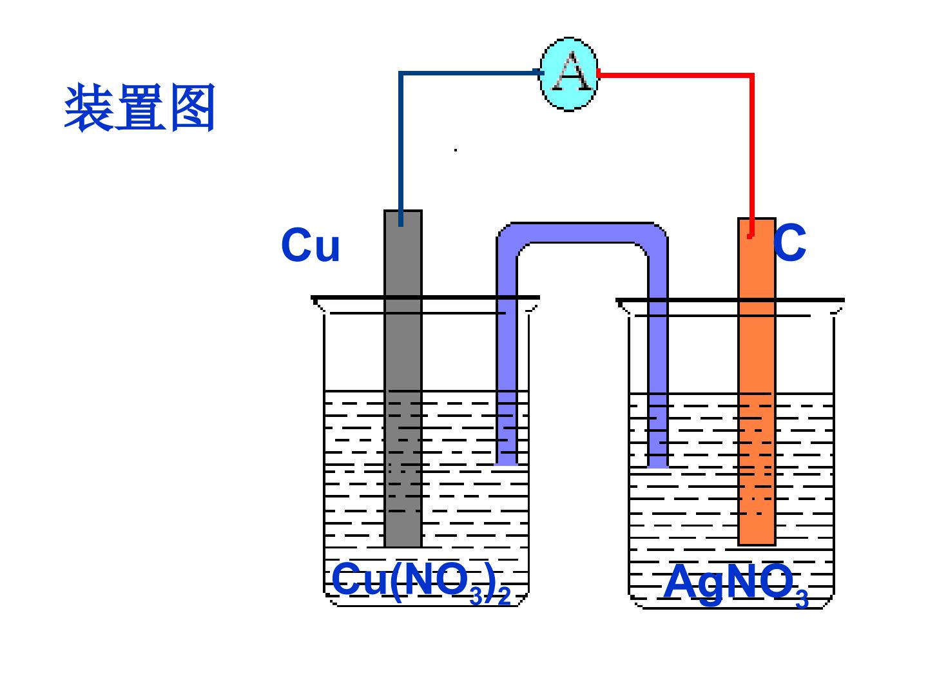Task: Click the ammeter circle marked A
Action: [x=569, y=74]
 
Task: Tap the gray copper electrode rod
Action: [x=403, y=378]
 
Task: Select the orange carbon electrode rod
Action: [x=757, y=381]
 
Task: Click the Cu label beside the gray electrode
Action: [x=311, y=245]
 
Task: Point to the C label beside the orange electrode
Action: [x=789, y=242]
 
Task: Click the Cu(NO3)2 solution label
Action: [x=421, y=583]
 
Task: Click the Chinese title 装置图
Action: [x=139, y=108]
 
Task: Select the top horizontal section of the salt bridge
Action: [x=582, y=233]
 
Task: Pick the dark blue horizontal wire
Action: [x=470, y=73]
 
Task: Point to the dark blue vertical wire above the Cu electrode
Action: [x=401, y=149]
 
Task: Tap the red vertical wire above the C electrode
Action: [x=751, y=155]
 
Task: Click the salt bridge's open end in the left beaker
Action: [x=506, y=464]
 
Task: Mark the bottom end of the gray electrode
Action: [x=403, y=547]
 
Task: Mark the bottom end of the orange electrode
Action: [x=757, y=545]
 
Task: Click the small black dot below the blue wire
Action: [x=456, y=150]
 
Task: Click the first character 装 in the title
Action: [x=89, y=108]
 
